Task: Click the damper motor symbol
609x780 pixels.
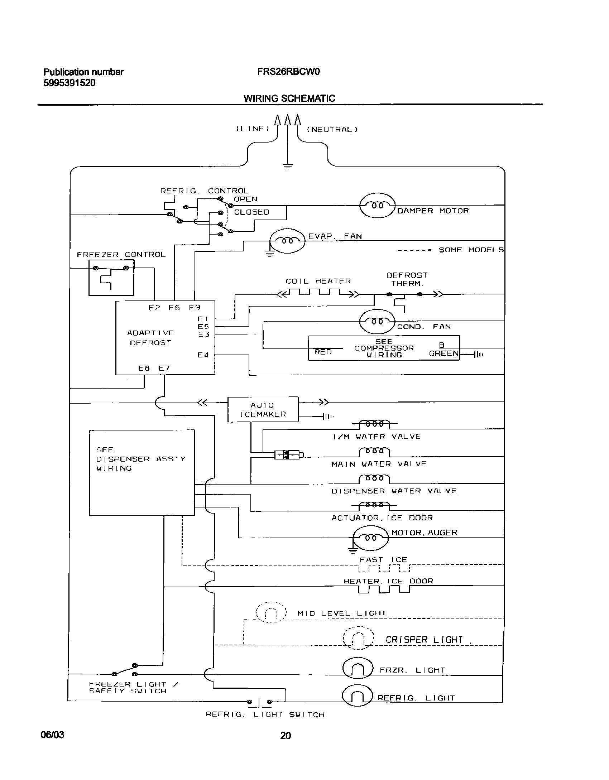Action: pos(377,205)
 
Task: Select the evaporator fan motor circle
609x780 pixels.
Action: pos(287,241)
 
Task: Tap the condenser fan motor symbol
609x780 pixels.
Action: pos(377,321)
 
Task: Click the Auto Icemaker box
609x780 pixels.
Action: pos(263,409)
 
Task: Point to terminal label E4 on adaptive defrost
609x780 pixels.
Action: pos(203,355)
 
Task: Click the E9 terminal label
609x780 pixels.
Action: pos(195,307)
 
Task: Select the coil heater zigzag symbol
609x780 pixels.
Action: pos(318,294)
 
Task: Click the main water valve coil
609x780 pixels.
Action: pos(374,451)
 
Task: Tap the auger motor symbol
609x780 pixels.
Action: pos(370,538)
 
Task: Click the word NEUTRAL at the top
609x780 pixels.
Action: pos(332,129)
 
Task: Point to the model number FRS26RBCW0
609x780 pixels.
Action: pos(288,72)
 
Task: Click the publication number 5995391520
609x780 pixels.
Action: pos(69,83)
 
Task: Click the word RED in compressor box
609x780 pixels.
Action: pos(323,352)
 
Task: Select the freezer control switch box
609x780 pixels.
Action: pos(111,278)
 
